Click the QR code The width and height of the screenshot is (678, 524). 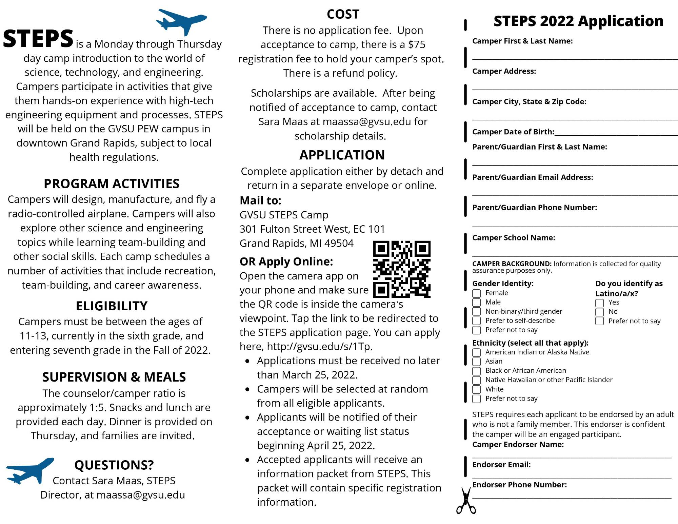402,269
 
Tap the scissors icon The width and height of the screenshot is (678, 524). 466,501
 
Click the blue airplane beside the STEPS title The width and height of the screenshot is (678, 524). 181,21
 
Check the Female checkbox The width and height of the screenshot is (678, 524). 477,293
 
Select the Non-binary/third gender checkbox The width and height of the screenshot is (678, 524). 477,312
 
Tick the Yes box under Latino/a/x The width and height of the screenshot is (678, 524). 600,303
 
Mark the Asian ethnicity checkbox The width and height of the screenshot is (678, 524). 477,362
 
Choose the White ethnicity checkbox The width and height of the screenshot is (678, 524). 477,390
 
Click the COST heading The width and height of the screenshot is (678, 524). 343,14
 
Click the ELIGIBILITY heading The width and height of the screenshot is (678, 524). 112,306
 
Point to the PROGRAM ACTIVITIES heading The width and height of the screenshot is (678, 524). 112,184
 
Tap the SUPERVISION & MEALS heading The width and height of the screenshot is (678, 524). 114,377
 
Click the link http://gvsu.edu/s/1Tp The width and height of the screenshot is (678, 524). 319,347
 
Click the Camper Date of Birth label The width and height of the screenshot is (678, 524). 513,132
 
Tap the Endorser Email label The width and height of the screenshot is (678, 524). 501,465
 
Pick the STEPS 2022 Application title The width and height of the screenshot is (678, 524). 578,21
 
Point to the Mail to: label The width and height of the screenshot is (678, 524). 260,201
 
